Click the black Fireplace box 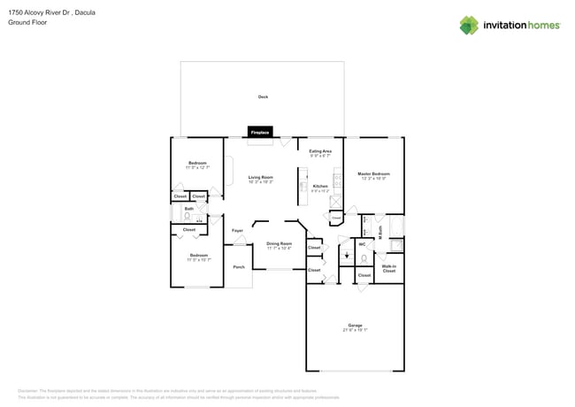[x=260, y=133]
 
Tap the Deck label [x=263, y=96]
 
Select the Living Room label [x=260, y=178]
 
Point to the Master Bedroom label [x=373, y=173]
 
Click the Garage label [x=355, y=326]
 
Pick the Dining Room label [x=280, y=243]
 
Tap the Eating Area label [x=320, y=151]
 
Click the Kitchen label [x=319, y=186]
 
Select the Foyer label [x=237, y=231]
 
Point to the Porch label [x=238, y=266]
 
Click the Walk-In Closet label [x=388, y=266]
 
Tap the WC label [x=362, y=243]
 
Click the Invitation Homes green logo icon [x=469, y=25]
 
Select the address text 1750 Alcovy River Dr [x=40, y=13]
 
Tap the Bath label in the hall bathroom [x=188, y=209]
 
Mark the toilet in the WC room [x=364, y=257]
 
